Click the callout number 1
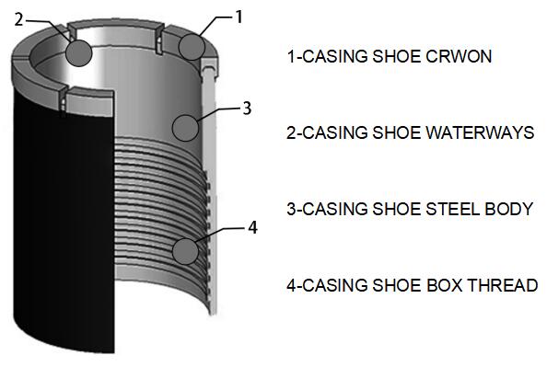pos(239,17)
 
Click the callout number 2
pos(18,20)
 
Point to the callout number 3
pos(247,108)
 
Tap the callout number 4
pos(252,227)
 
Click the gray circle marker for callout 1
pos(192,47)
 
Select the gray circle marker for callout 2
pos(79,53)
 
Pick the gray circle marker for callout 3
pos(185,128)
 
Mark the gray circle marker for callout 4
pos(185,251)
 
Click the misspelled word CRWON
pos(459,56)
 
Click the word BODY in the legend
pos(509,209)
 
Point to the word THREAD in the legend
pos(503,285)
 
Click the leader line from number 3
pos(219,114)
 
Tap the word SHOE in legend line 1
pos(396,56)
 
